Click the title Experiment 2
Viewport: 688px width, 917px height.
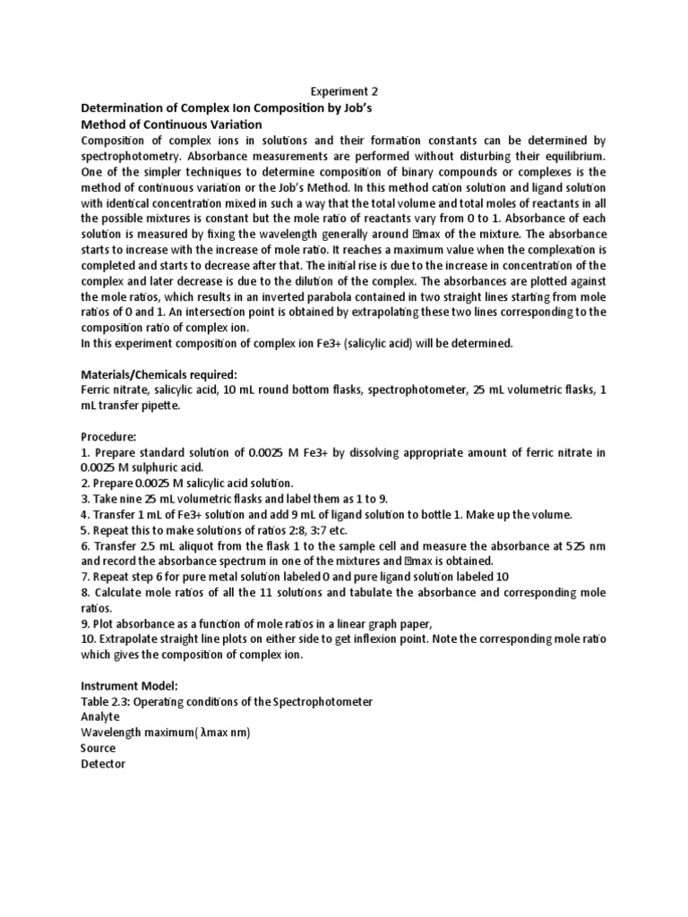(x=344, y=91)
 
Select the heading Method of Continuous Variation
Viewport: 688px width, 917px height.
(x=171, y=124)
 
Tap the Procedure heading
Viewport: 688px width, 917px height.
(x=108, y=437)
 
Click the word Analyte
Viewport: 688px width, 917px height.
(x=100, y=717)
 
